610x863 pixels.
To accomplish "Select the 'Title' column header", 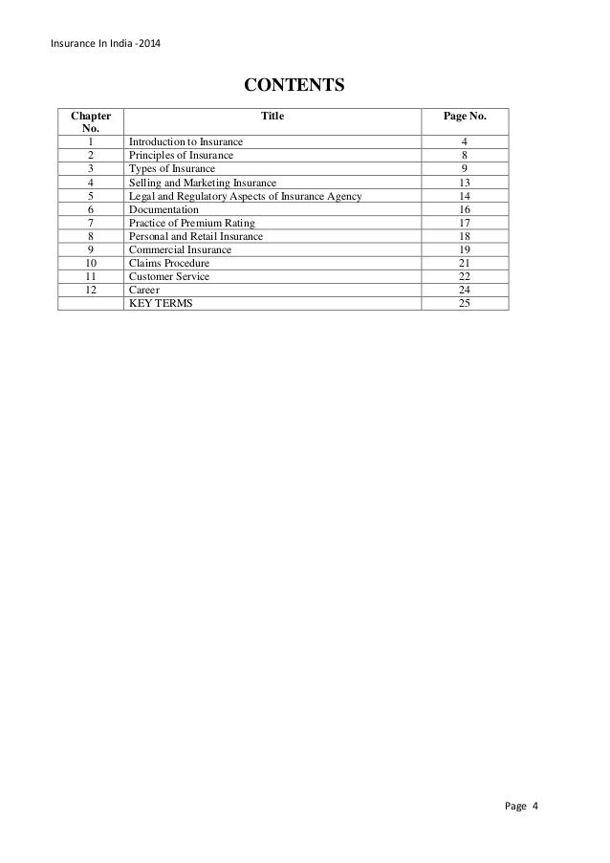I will [272, 116].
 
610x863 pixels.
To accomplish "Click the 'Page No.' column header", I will [464, 116].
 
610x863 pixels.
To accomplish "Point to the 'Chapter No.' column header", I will [91, 122].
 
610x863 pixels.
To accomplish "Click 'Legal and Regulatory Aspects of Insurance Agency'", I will [245, 196].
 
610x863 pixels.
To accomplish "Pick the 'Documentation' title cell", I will [163, 209].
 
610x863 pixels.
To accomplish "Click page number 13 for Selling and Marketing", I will [465, 183].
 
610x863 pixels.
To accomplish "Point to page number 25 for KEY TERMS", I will [465, 304].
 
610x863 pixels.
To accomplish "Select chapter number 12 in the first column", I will [91, 291].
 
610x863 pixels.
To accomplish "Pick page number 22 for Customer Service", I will [465, 277].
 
